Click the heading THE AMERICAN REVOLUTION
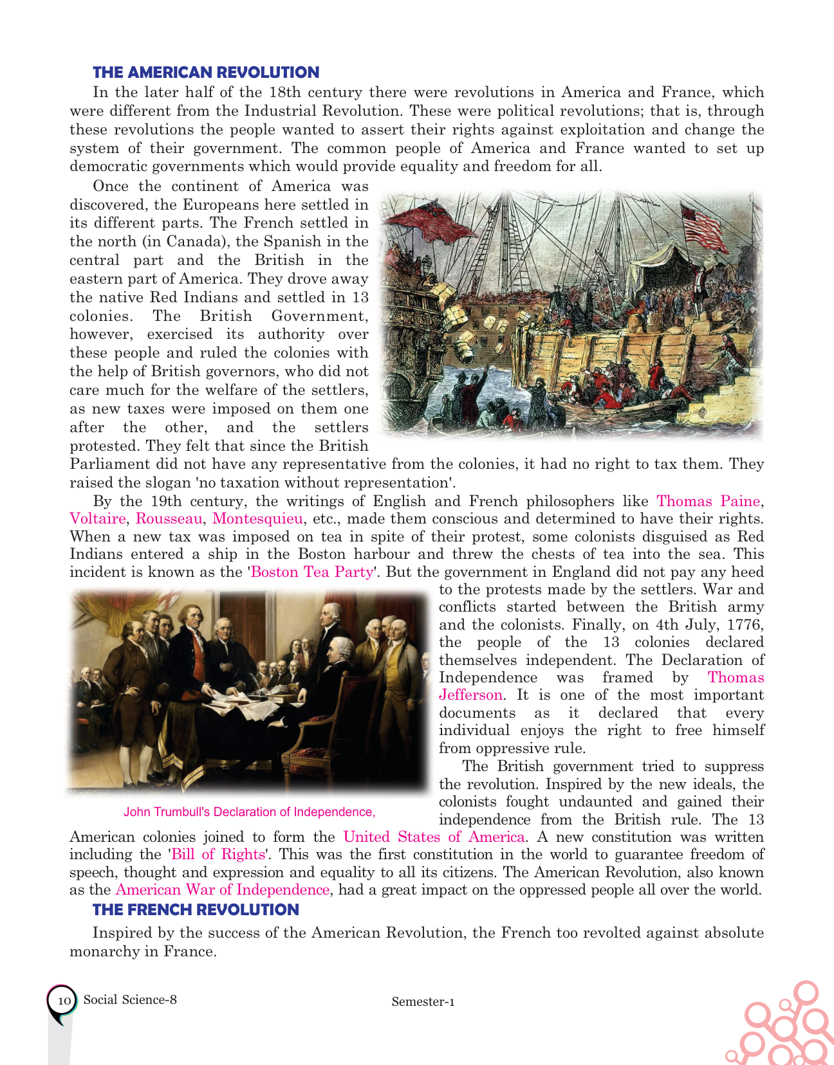click(x=205, y=73)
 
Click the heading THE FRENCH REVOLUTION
click(x=196, y=909)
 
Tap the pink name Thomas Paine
click(x=708, y=501)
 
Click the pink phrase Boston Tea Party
click(x=311, y=572)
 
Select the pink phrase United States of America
click(x=434, y=837)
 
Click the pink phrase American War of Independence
click(x=222, y=889)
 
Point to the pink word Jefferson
click(x=470, y=695)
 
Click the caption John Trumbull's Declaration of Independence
click(x=249, y=812)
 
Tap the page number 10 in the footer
click(x=63, y=1001)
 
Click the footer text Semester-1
click(x=423, y=1001)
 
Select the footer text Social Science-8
click(x=130, y=999)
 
